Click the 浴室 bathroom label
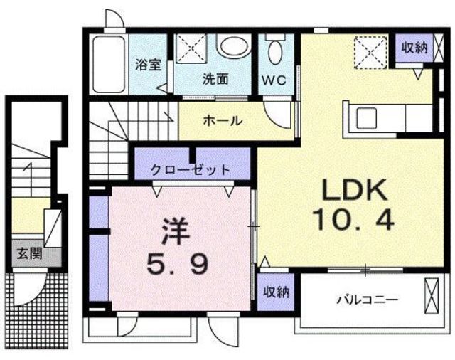point(149,64)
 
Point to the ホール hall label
point(223,120)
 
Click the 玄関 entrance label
point(30,252)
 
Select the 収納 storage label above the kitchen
point(413,48)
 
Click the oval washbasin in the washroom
point(235,48)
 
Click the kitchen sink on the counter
point(370,117)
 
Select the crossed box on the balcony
point(432,294)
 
